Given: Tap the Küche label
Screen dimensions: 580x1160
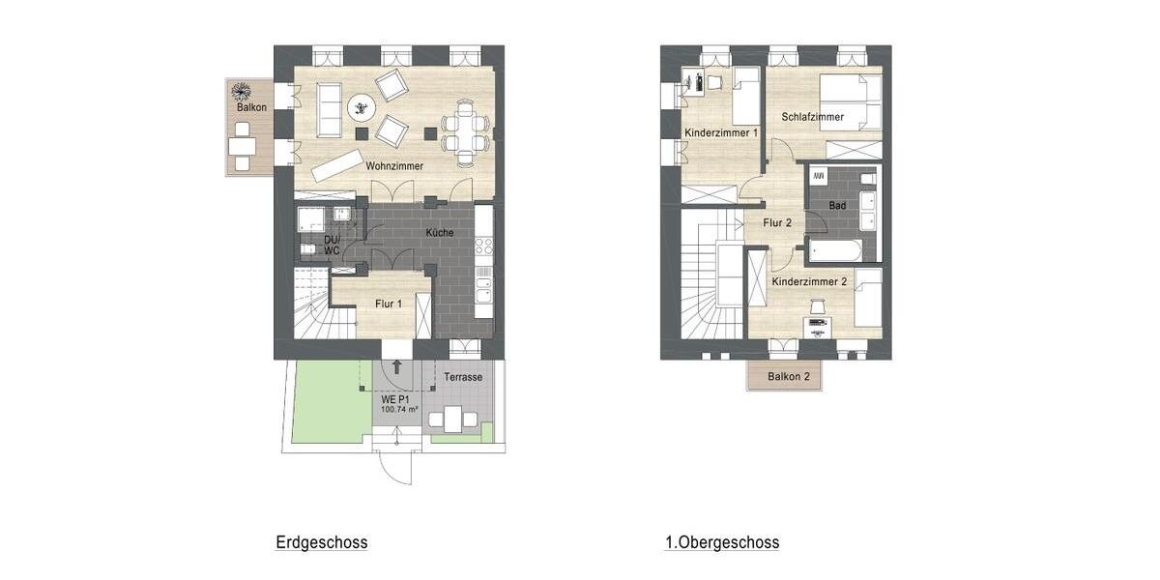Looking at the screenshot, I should point(440,233).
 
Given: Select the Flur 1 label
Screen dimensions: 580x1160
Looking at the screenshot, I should point(389,304).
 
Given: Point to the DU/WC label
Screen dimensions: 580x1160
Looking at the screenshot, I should point(331,245).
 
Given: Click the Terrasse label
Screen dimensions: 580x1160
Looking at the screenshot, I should point(463,377).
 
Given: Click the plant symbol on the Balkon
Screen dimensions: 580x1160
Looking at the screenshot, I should point(240,93).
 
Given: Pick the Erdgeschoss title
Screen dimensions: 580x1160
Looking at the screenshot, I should point(321,542).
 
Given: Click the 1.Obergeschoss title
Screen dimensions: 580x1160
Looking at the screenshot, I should point(721,542).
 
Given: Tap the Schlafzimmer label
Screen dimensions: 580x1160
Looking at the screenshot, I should point(812,117).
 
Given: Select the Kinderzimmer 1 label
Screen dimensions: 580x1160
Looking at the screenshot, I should point(720,132).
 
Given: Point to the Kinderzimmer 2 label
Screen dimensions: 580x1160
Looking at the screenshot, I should point(809,281).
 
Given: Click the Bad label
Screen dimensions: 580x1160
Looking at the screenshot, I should point(837,206).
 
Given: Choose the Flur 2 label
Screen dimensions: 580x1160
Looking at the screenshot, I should point(777,222).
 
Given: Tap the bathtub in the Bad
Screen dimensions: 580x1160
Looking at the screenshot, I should point(842,250).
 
